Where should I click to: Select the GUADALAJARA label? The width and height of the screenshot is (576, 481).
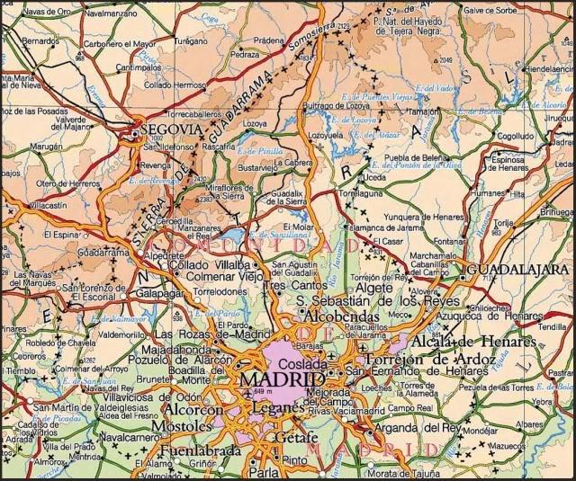point(519,269)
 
